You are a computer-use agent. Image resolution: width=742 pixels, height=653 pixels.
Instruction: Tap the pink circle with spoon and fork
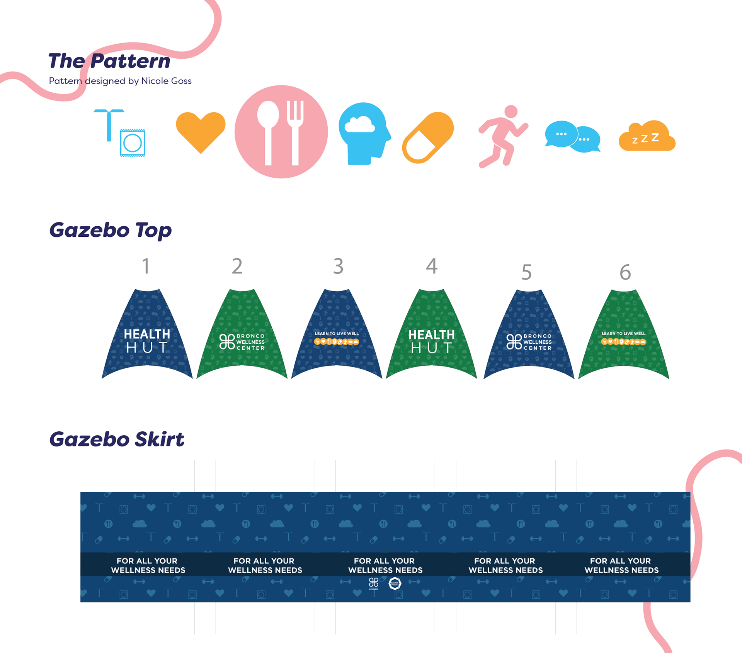tap(281, 132)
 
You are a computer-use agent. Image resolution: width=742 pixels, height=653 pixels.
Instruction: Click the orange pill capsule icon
tap(428, 137)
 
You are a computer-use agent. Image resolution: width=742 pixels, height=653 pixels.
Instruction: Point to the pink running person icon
tap(503, 136)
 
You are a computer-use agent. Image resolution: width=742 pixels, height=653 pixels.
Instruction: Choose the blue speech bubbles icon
tap(572, 137)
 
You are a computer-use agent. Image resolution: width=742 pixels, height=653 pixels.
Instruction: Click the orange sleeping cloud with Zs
tap(647, 137)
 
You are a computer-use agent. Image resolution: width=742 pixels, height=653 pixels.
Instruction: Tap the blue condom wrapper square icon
tap(133, 143)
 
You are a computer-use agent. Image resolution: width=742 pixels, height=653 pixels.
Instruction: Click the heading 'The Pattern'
tap(109, 61)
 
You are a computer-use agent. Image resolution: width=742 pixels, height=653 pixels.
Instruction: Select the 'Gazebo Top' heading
tap(111, 230)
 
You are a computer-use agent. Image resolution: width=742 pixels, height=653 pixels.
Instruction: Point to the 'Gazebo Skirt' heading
tap(117, 439)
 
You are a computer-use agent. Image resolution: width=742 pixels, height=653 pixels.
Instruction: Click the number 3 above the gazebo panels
tap(338, 266)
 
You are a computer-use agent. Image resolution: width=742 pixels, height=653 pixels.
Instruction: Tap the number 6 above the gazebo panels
tap(625, 272)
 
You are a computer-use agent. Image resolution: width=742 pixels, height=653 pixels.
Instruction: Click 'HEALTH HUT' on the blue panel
tap(147, 341)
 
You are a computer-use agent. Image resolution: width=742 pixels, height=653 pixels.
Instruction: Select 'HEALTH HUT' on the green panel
tap(432, 341)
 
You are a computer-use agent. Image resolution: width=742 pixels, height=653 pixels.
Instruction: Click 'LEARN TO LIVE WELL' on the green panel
tap(623, 334)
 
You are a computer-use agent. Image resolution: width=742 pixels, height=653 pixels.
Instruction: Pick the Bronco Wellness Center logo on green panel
tap(242, 342)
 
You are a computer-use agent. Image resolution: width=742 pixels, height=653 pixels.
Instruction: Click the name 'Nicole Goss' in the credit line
tap(167, 81)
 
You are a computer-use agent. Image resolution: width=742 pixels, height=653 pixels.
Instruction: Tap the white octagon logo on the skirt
tap(395, 583)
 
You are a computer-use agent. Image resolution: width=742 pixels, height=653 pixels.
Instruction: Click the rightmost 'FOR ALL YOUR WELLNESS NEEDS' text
tap(621, 565)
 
